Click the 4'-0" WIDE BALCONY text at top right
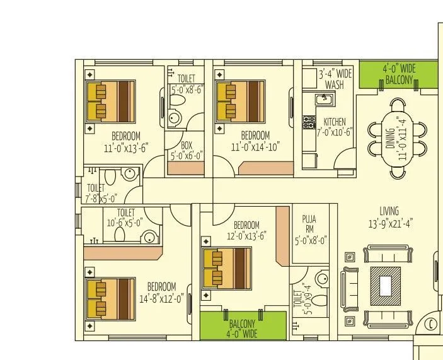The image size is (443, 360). coord(399,74)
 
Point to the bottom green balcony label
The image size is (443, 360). coord(243,328)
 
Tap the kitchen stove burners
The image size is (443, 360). coord(309,122)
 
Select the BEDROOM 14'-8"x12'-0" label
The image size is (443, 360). coord(161,293)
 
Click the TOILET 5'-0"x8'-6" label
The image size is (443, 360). coord(186,84)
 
